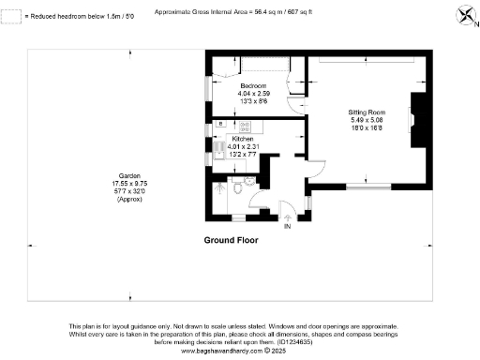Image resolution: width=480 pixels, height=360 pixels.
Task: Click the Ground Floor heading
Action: tap(231, 241)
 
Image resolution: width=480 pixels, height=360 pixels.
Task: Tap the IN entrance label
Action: tap(288, 227)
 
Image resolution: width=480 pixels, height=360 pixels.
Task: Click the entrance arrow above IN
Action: tap(288, 217)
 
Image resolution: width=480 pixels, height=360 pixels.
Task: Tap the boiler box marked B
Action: tap(219, 124)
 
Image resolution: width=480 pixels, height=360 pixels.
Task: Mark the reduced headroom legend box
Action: tap(8, 16)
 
